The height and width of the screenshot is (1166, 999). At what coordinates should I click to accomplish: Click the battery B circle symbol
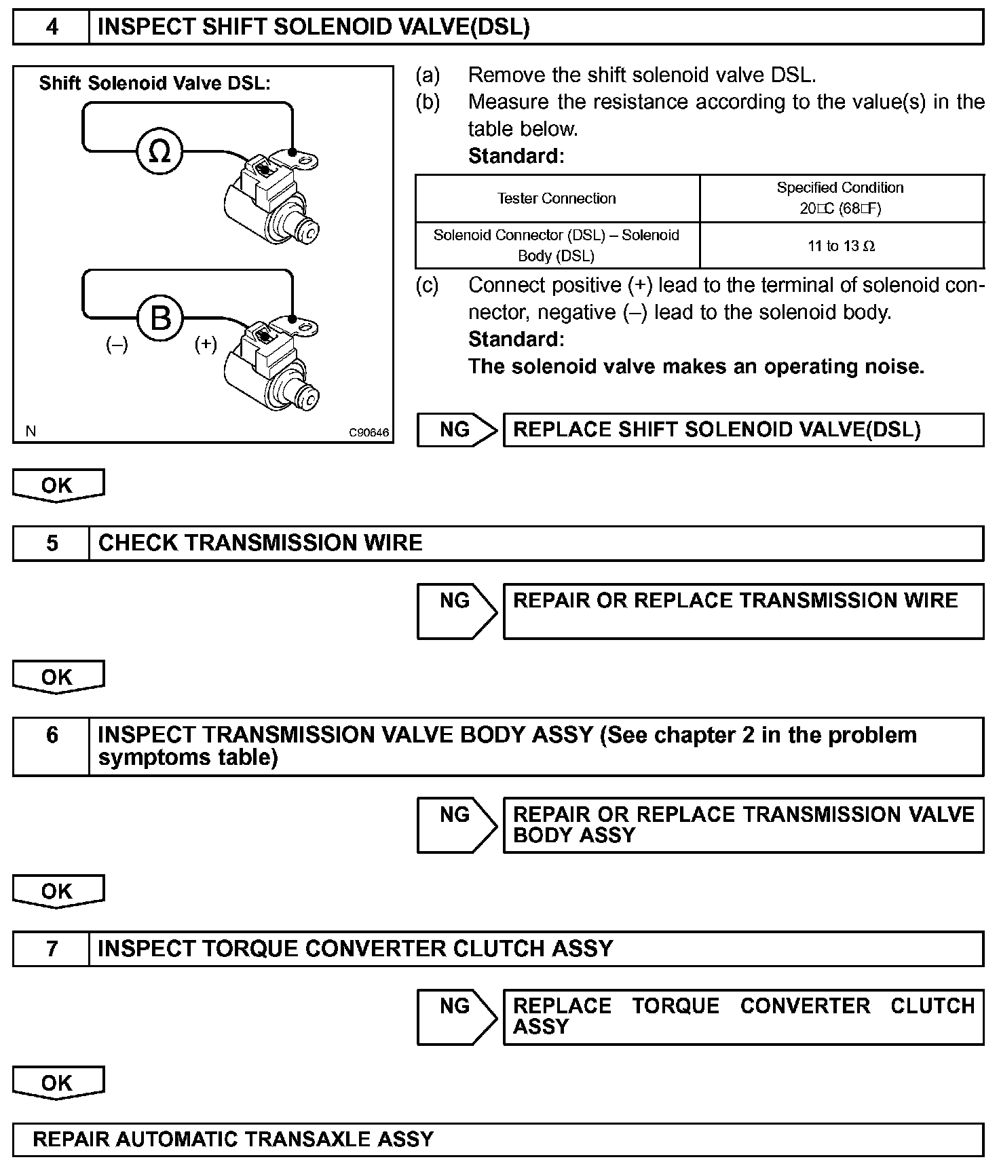click(160, 318)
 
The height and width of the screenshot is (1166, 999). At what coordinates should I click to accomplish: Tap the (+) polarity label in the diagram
click(206, 345)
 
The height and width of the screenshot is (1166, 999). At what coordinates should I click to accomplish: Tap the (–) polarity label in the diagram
click(117, 345)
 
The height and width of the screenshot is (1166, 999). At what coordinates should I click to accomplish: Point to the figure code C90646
click(369, 432)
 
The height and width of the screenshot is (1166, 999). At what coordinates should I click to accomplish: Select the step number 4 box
click(52, 27)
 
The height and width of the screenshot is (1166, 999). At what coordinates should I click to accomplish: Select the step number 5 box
click(52, 543)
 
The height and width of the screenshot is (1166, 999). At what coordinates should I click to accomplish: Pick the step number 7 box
click(52, 948)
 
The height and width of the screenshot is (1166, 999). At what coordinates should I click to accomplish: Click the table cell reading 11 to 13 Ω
click(842, 246)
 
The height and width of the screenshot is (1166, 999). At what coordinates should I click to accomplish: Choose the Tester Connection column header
click(557, 198)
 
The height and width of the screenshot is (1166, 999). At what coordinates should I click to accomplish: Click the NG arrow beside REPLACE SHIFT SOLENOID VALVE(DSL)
click(457, 430)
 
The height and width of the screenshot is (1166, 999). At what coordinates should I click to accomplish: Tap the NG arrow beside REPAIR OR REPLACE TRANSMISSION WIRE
click(457, 610)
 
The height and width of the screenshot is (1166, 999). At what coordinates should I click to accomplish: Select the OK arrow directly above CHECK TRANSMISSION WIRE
click(58, 485)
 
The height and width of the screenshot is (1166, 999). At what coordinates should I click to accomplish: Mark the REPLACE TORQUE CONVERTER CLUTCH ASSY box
click(743, 1016)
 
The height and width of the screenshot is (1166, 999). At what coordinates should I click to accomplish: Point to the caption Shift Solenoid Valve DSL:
click(155, 83)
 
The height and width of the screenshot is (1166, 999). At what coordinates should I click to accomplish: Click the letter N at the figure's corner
click(31, 431)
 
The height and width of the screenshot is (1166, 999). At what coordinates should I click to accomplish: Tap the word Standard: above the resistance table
click(516, 156)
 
